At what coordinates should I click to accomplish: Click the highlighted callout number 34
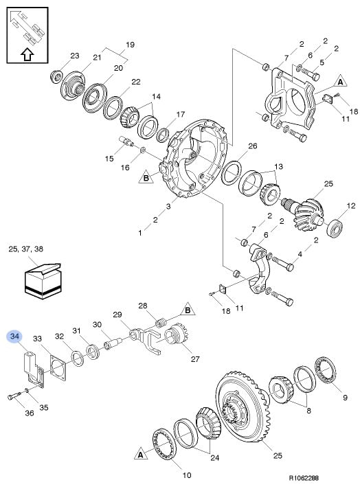(15, 337)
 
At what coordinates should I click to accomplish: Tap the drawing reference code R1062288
(304, 478)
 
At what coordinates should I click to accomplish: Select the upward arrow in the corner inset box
(27, 54)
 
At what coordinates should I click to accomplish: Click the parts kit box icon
(43, 281)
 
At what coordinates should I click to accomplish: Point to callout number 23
(75, 56)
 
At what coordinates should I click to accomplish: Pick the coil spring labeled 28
(161, 323)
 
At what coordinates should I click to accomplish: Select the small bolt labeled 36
(14, 396)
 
